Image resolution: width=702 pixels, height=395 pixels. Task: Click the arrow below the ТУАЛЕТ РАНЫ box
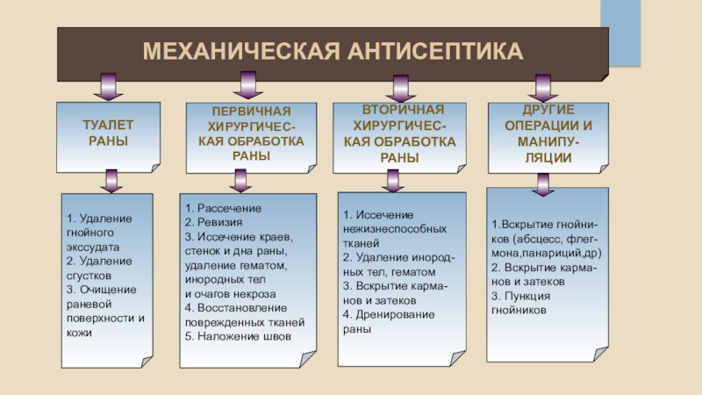click(x=110, y=181)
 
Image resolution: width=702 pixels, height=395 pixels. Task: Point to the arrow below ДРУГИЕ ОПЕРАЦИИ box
click(x=542, y=183)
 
